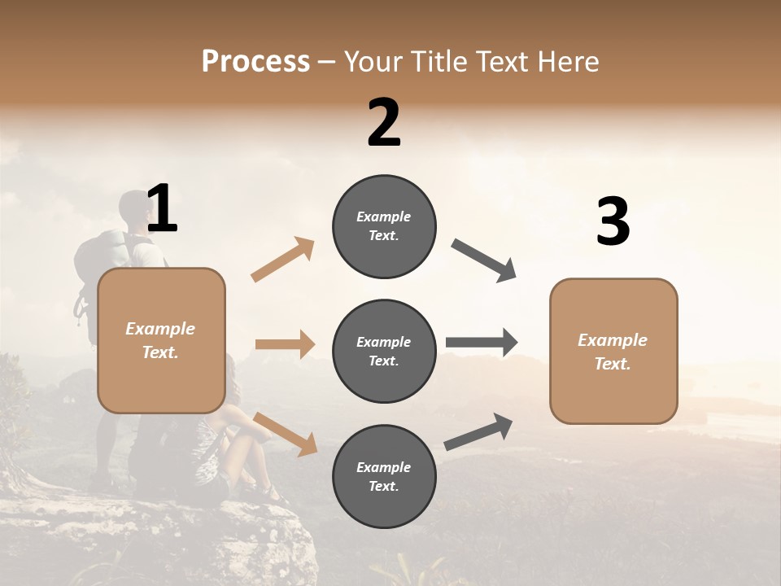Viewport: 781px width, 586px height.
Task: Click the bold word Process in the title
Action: tap(255, 62)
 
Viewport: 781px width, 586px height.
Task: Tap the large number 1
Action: tap(162, 209)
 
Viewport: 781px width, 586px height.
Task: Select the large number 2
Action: tap(384, 123)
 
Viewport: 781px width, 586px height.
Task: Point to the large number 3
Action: tap(613, 221)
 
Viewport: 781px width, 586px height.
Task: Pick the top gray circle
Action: tap(384, 226)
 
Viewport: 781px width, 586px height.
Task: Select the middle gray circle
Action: tap(384, 351)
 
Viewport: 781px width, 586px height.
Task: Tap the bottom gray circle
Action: tap(384, 476)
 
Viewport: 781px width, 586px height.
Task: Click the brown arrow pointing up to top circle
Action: tap(283, 260)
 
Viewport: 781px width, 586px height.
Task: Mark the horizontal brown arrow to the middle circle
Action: tap(285, 344)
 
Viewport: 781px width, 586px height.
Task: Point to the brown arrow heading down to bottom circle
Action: tap(285, 433)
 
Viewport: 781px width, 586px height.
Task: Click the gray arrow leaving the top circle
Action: tap(484, 260)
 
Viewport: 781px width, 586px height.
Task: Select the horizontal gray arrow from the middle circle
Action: tap(482, 343)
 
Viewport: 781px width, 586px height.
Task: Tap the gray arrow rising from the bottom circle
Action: tap(479, 431)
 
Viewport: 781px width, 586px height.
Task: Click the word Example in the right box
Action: tap(613, 340)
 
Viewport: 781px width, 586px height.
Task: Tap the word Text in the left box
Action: tap(159, 352)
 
